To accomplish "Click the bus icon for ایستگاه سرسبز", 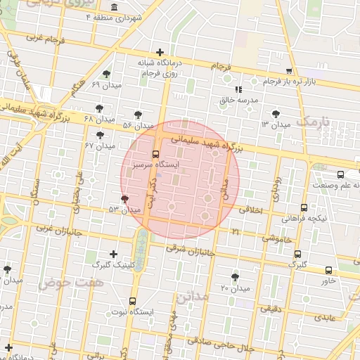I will pyautogui.click(x=155, y=154).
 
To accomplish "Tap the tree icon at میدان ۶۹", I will pyautogui.click(x=106, y=74).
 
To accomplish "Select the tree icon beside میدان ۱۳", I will pyautogui.click(x=274, y=114).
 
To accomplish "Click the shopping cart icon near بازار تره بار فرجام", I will pyautogui.click(x=289, y=72).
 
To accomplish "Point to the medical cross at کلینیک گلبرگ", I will pyautogui.click(x=114, y=254).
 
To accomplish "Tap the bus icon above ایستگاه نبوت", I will pyautogui.click(x=132, y=301).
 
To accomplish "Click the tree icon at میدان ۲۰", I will pyautogui.click(x=234, y=277).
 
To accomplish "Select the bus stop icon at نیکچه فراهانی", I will pyautogui.click(x=304, y=208).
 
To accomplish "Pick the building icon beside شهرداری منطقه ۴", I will pyautogui.click(x=113, y=8).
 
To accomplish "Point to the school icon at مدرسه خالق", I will pyautogui.click(x=238, y=90).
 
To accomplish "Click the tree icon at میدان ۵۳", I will pyautogui.click(x=124, y=200).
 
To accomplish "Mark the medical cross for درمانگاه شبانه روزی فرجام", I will pyautogui.click(x=160, y=53).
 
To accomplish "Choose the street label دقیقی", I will pyautogui.click(x=272, y=308).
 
